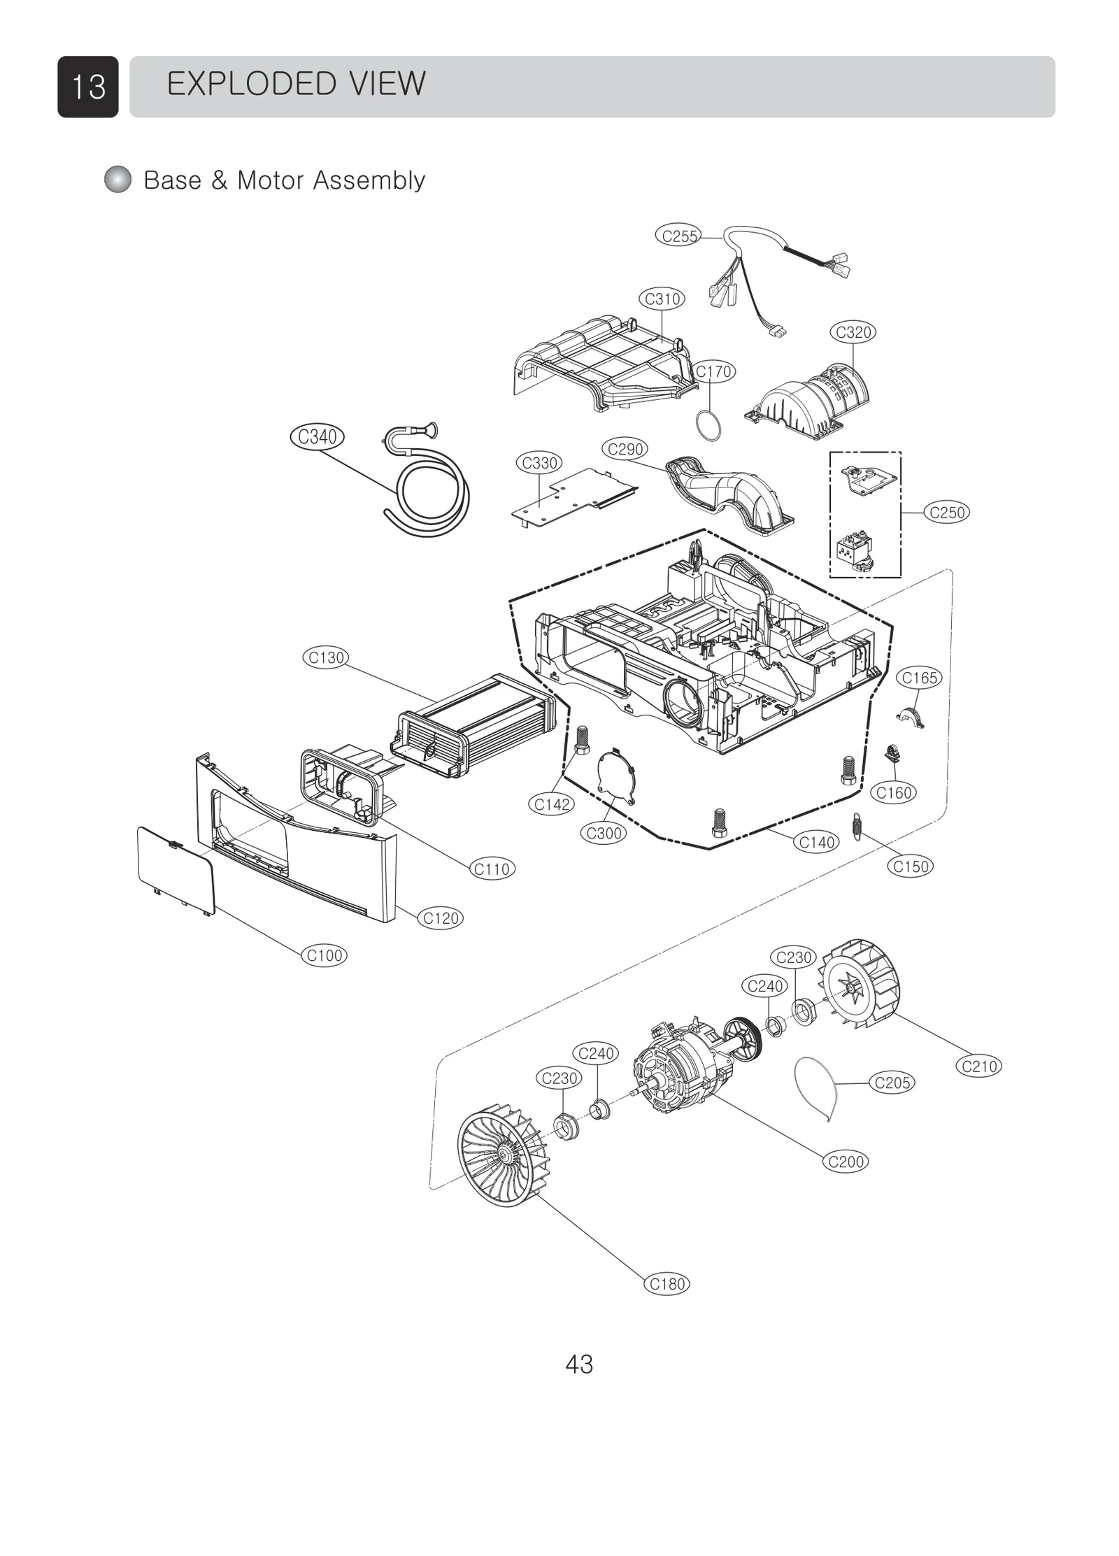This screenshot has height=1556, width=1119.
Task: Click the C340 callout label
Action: (x=317, y=437)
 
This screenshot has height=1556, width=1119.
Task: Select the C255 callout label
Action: (x=680, y=236)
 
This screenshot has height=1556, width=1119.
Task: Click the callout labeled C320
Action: (x=853, y=332)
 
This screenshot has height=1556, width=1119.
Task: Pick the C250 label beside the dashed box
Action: (x=946, y=513)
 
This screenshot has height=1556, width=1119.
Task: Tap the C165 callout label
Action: (x=919, y=678)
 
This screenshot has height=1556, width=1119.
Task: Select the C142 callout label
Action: (x=552, y=804)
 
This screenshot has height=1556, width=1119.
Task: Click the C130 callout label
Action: (x=327, y=657)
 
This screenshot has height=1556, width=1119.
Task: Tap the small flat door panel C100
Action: (x=175, y=869)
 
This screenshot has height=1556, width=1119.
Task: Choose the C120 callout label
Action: (x=441, y=918)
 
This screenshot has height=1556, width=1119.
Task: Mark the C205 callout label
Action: (x=892, y=1083)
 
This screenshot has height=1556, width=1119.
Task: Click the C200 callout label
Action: (x=846, y=1162)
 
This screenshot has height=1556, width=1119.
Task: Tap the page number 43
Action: (x=578, y=1364)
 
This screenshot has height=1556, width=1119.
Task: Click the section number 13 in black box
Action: (x=88, y=87)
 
